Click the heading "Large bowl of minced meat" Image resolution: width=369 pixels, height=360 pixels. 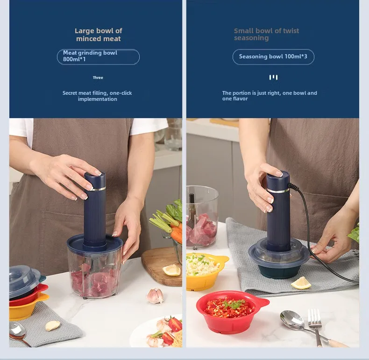[99, 35]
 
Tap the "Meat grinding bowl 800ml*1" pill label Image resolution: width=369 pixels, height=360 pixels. [98, 56]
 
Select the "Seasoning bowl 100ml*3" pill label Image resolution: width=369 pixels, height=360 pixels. [273, 57]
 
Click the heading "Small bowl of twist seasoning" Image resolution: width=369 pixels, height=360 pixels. [266, 34]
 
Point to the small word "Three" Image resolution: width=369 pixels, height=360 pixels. [98, 78]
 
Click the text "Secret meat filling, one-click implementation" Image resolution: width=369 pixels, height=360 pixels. [97, 96]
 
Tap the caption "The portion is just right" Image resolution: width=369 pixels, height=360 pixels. [270, 96]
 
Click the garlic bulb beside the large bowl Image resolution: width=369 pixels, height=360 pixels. [155, 295]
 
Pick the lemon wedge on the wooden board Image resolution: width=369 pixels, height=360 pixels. [171, 270]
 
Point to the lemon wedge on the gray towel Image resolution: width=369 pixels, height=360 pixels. [301, 282]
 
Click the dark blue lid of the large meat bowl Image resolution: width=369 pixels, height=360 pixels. [95, 243]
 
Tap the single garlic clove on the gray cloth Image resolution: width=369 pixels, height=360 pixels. [52, 325]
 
